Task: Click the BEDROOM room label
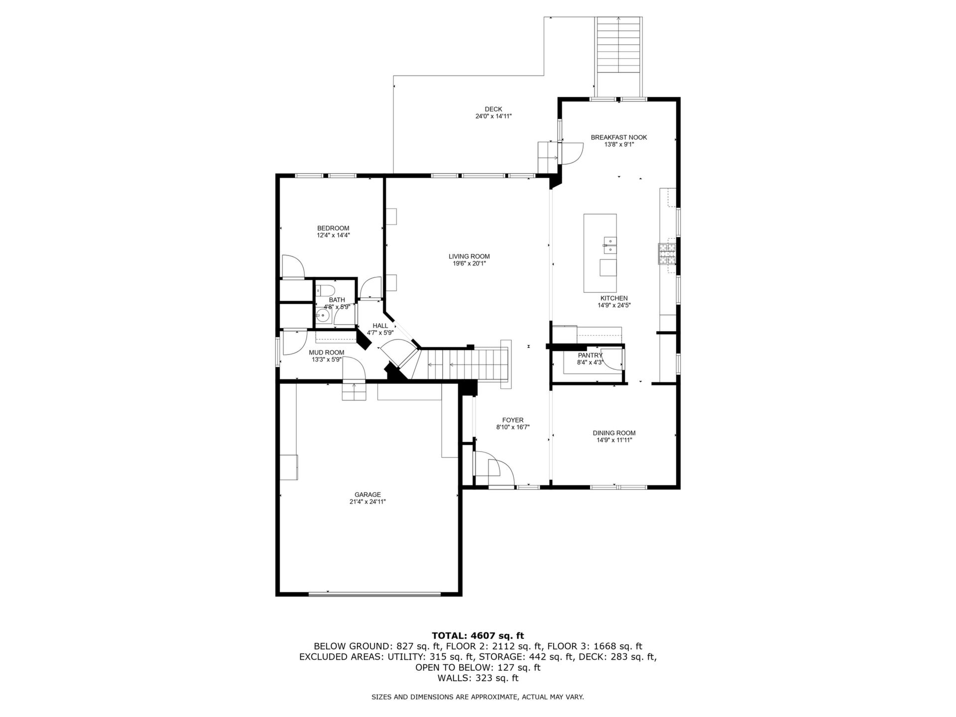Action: pos(333,228)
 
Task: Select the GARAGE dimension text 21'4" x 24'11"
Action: pos(367,501)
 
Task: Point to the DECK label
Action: pos(493,109)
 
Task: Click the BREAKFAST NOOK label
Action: pos(619,137)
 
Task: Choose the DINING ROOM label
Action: pos(614,433)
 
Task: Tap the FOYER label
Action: pos(512,420)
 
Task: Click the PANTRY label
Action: pos(590,355)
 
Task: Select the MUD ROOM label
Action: pos(326,353)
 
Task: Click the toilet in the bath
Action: pos(327,289)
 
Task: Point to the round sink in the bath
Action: pos(324,316)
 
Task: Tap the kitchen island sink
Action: pos(608,242)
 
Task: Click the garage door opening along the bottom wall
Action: pos(374,594)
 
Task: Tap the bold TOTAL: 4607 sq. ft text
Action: pos(478,635)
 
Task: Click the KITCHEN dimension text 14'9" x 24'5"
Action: pos(614,305)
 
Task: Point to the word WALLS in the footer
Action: pos(454,678)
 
